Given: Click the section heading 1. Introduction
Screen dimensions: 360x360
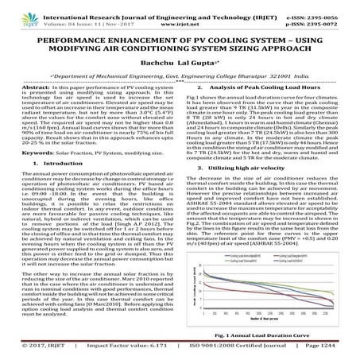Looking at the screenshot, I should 61,184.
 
